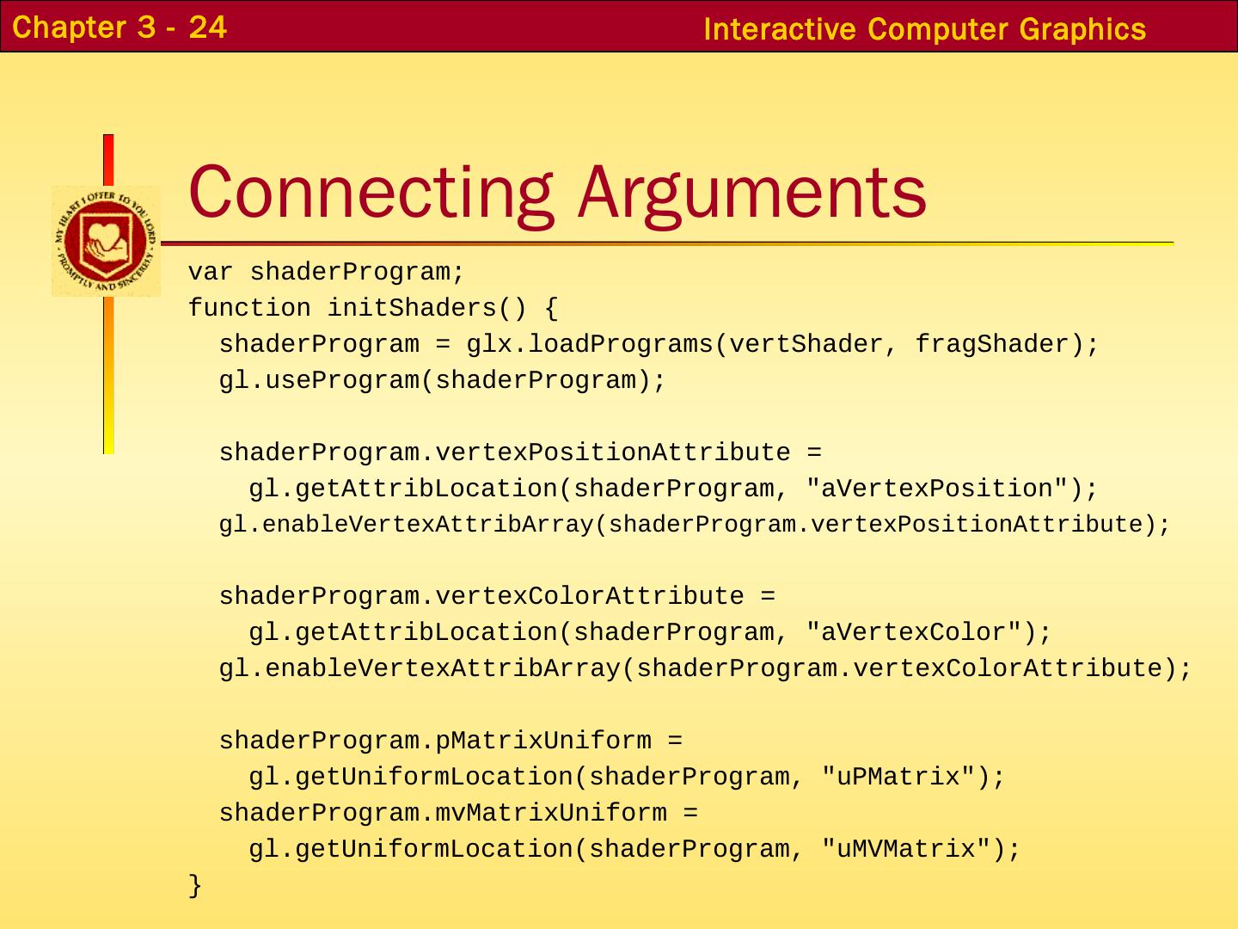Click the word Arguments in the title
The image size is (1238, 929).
pos(751,191)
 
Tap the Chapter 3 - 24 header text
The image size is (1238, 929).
pos(120,28)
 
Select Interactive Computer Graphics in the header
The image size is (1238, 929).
pos(924,29)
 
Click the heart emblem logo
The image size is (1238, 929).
pos(106,241)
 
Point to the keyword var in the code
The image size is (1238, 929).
pos(211,273)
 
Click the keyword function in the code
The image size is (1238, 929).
pos(249,309)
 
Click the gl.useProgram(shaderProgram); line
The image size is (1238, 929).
pos(442,381)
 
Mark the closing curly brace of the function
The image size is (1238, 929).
pos(195,885)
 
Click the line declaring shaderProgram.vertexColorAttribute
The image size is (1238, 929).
pos(496,597)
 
